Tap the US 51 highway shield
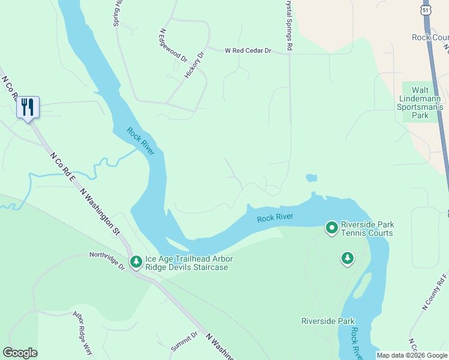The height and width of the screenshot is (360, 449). (x=426, y=11)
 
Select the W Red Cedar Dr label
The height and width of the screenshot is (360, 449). (x=249, y=52)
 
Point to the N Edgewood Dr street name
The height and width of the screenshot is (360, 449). (x=173, y=46)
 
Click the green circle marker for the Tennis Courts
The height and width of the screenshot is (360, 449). (x=331, y=227)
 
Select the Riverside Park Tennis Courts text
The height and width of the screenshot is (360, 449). (x=366, y=229)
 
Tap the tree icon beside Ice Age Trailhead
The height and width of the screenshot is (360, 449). (x=136, y=262)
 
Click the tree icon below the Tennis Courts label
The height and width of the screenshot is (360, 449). (x=347, y=258)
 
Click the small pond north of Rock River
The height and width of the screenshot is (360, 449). (x=311, y=178)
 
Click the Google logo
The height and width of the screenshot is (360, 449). (x=20, y=353)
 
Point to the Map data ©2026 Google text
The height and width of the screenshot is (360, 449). (x=412, y=355)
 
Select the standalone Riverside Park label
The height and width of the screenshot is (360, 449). (x=328, y=321)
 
